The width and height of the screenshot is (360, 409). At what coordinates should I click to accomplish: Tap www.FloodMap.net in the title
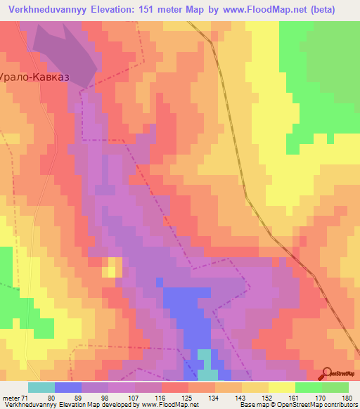265,9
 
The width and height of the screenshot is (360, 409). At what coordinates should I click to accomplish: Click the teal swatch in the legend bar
41,387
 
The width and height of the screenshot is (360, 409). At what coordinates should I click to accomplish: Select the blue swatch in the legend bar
68,387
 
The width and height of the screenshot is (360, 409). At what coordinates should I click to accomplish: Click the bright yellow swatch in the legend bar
282,387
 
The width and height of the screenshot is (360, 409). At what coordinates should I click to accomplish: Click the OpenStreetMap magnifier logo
326,374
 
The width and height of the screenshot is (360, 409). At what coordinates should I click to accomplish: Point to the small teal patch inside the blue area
204,357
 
